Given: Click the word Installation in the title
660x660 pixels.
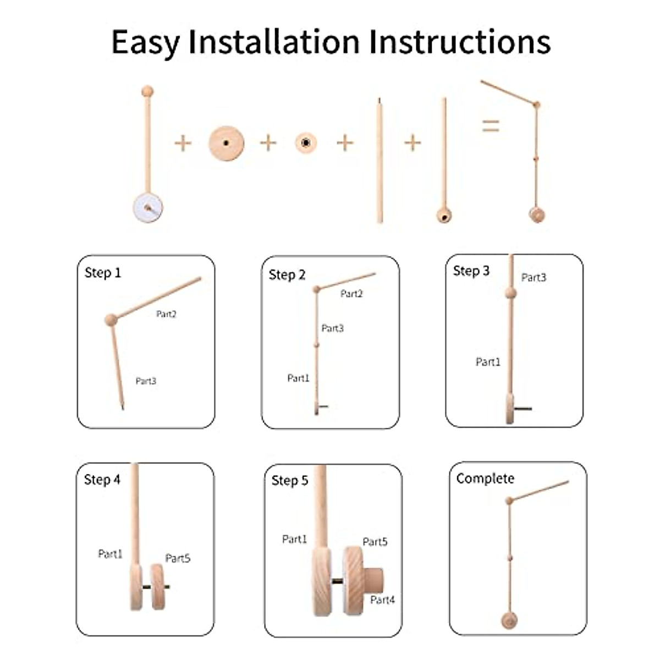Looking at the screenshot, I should (x=274, y=42).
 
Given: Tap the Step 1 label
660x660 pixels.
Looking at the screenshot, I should (x=102, y=273).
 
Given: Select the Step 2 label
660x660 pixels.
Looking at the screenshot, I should (x=287, y=275).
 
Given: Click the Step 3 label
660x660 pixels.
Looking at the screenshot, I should (x=471, y=271).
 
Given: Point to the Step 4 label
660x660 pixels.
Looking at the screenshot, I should (x=102, y=480).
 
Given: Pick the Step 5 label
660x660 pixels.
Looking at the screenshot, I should (x=289, y=481).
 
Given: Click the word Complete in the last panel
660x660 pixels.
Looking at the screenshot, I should (x=485, y=479).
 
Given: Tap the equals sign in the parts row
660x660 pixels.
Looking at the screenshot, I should (x=491, y=126).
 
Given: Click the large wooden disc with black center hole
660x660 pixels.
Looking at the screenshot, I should (x=226, y=144).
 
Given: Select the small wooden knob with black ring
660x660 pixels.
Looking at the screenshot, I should (x=306, y=144).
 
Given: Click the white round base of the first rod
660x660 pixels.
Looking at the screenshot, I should (x=147, y=207).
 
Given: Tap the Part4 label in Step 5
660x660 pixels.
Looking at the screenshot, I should (x=382, y=600).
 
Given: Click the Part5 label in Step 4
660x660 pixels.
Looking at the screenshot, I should (x=178, y=558).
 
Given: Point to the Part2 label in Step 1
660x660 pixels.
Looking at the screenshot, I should (x=166, y=314).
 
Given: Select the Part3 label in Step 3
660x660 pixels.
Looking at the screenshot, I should (x=533, y=278).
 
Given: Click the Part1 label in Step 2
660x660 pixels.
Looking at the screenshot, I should (x=298, y=378).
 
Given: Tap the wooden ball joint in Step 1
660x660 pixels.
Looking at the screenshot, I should (x=111, y=320).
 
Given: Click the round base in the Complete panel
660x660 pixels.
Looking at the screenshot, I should (x=509, y=621).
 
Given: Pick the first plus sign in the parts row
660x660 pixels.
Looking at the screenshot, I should (x=183, y=144).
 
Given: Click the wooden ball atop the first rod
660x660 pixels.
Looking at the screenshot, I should (x=147, y=91).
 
